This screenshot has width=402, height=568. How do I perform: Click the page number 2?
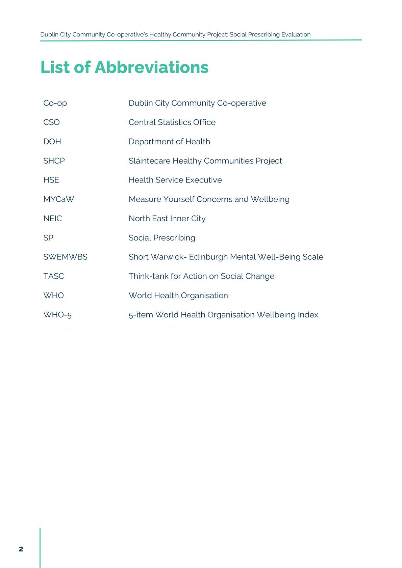click(x=21, y=549)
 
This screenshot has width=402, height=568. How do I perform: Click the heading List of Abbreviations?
click(x=124, y=67)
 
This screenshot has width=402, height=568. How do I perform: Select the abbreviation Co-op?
click(x=55, y=103)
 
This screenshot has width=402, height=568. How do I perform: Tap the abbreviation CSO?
click(x=51, y=122)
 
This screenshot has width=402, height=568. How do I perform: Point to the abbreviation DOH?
click(x=52, y=141)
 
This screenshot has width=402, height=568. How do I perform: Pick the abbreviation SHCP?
click(x=54, y=161)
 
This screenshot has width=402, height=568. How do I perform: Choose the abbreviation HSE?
click(x=51, y=180)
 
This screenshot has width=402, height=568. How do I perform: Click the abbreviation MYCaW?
click(x=58, y=199)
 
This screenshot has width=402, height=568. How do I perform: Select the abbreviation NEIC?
click(x=52, y=218)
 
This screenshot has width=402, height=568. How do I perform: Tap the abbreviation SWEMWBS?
click(x=65, y=257)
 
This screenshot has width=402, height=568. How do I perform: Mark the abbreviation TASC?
click(x=53, y=276)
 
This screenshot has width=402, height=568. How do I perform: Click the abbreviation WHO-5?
click(x=57, y=315)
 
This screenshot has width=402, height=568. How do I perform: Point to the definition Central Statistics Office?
click(x=172, y=122)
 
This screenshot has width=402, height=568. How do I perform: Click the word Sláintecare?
click(x=149, y=161)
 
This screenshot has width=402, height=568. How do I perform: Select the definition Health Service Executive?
click(x=175, y=180)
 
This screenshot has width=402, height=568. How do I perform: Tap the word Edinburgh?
click(x=208, y=257)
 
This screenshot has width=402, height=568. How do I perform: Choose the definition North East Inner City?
click(x=167, y=218)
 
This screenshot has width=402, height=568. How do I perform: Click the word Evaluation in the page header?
click(x=296, y=34)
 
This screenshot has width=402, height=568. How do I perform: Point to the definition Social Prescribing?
click(x=162, y=237)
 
